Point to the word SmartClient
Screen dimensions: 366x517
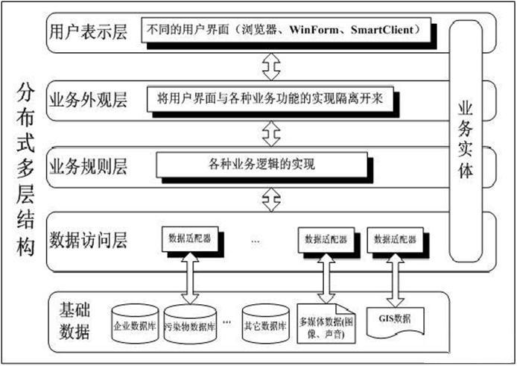pyautogui.click(x=384, y=31)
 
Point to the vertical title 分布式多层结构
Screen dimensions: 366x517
pyautogui.click(x=25, y=171)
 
